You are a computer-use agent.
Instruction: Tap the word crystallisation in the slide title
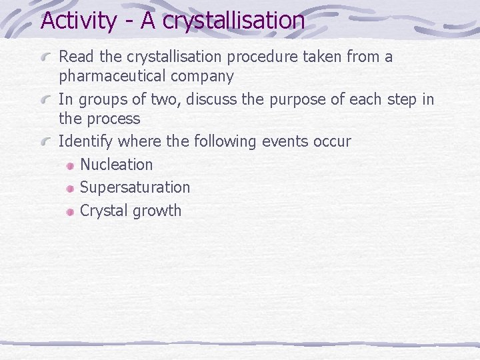point(233,21)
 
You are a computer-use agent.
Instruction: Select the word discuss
point(214,100)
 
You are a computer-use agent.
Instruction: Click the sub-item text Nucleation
point(116,165)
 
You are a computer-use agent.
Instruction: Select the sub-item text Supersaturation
point(135,188)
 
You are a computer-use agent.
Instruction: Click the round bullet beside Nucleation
point(69,165)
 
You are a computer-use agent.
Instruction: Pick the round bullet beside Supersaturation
point(69,189)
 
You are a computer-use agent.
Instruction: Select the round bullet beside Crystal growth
point(69,212)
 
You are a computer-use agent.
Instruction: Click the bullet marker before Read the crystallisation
point(47,58)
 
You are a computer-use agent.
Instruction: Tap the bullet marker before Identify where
point(47,142)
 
